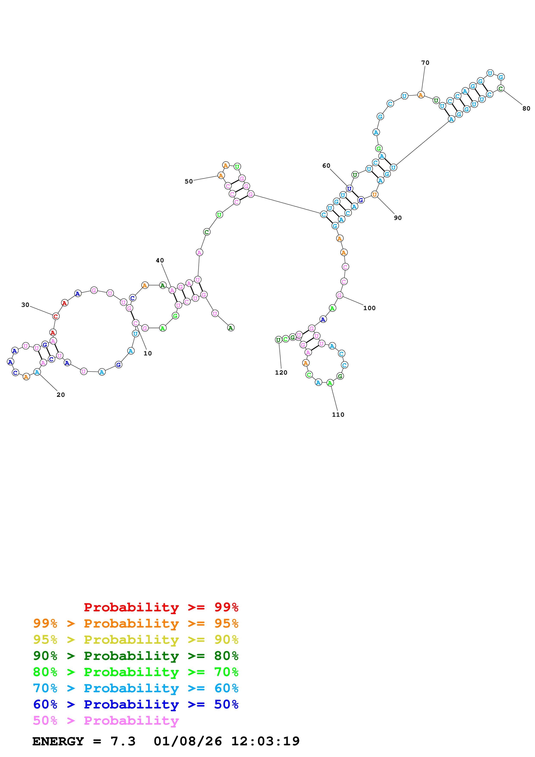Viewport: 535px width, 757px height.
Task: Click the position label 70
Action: (425, 63)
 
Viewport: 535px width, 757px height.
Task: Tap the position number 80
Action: (526, 109)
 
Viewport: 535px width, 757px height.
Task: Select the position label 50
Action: (189, 181)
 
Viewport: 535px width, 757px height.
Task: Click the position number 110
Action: (338, 415)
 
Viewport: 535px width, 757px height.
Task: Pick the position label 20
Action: (61, 395)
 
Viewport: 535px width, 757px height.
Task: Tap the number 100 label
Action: (369, 308)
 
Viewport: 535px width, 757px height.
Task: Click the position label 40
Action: (160, 260)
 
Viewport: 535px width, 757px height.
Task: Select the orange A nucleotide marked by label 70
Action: (421, 95)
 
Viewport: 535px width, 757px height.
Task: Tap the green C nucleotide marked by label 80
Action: (500, 88)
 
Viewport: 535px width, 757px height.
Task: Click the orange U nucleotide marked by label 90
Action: (374, 194)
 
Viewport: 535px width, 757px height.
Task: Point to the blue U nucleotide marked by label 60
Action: (349, 189)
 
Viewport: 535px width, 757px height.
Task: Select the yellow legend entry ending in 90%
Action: (136, 640)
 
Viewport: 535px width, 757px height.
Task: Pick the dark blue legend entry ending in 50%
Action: (136, 704)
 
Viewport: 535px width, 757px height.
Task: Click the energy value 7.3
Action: (123, 741)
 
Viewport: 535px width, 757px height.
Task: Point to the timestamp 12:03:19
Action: (265, 741)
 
